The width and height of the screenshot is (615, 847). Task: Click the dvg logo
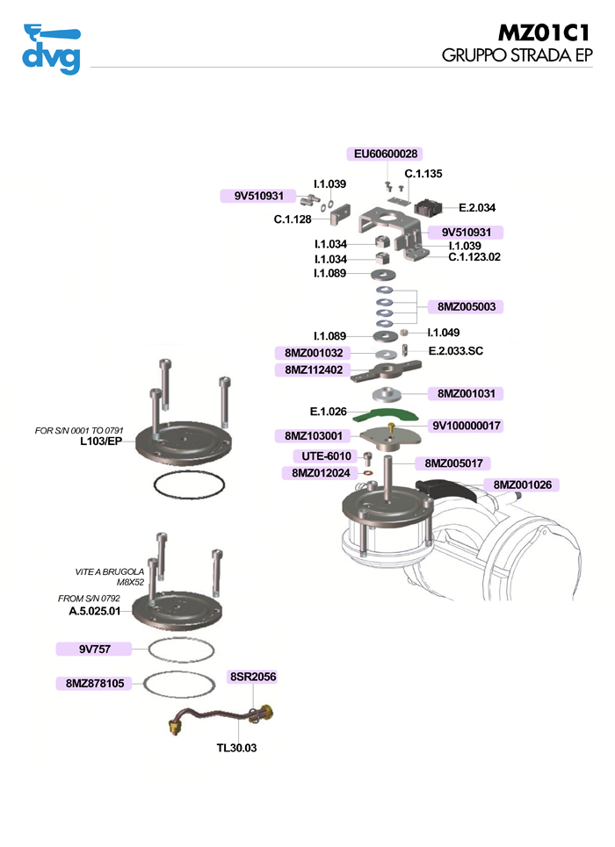[x=51, y=51]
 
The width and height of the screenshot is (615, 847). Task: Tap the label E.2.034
[x=477, y=208]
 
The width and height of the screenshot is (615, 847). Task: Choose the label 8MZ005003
[x=465, y=307]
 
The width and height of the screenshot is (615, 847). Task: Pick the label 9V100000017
[x=467, y=426]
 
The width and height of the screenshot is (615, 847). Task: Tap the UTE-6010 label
[x=325, y=456]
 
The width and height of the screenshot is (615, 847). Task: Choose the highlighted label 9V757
[x=93, y=650]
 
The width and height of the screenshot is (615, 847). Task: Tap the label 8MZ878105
[x=94, y=683]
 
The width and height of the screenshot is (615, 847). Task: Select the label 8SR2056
[x=253, y=677]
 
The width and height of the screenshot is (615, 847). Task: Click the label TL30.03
[x=236, y=749]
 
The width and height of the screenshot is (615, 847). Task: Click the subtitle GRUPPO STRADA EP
[x=517, y=56]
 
